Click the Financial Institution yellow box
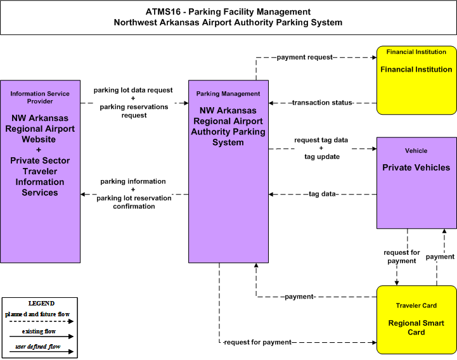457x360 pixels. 416,80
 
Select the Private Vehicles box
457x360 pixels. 416,183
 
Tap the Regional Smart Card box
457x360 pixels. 416,320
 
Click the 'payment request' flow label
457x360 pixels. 305,57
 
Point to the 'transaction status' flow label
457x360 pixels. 323,103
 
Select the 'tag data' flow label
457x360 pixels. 323,194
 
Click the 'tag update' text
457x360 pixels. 322,157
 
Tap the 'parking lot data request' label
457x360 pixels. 133,90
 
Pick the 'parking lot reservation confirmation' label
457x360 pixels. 134,202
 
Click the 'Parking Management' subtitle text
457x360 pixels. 228,94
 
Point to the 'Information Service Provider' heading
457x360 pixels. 40,98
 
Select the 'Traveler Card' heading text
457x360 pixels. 416,305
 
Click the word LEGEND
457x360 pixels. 41,303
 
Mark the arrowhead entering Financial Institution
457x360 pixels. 375,58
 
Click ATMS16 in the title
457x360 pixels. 163,11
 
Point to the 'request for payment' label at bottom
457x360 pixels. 257,342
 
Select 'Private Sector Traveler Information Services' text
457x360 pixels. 40,176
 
